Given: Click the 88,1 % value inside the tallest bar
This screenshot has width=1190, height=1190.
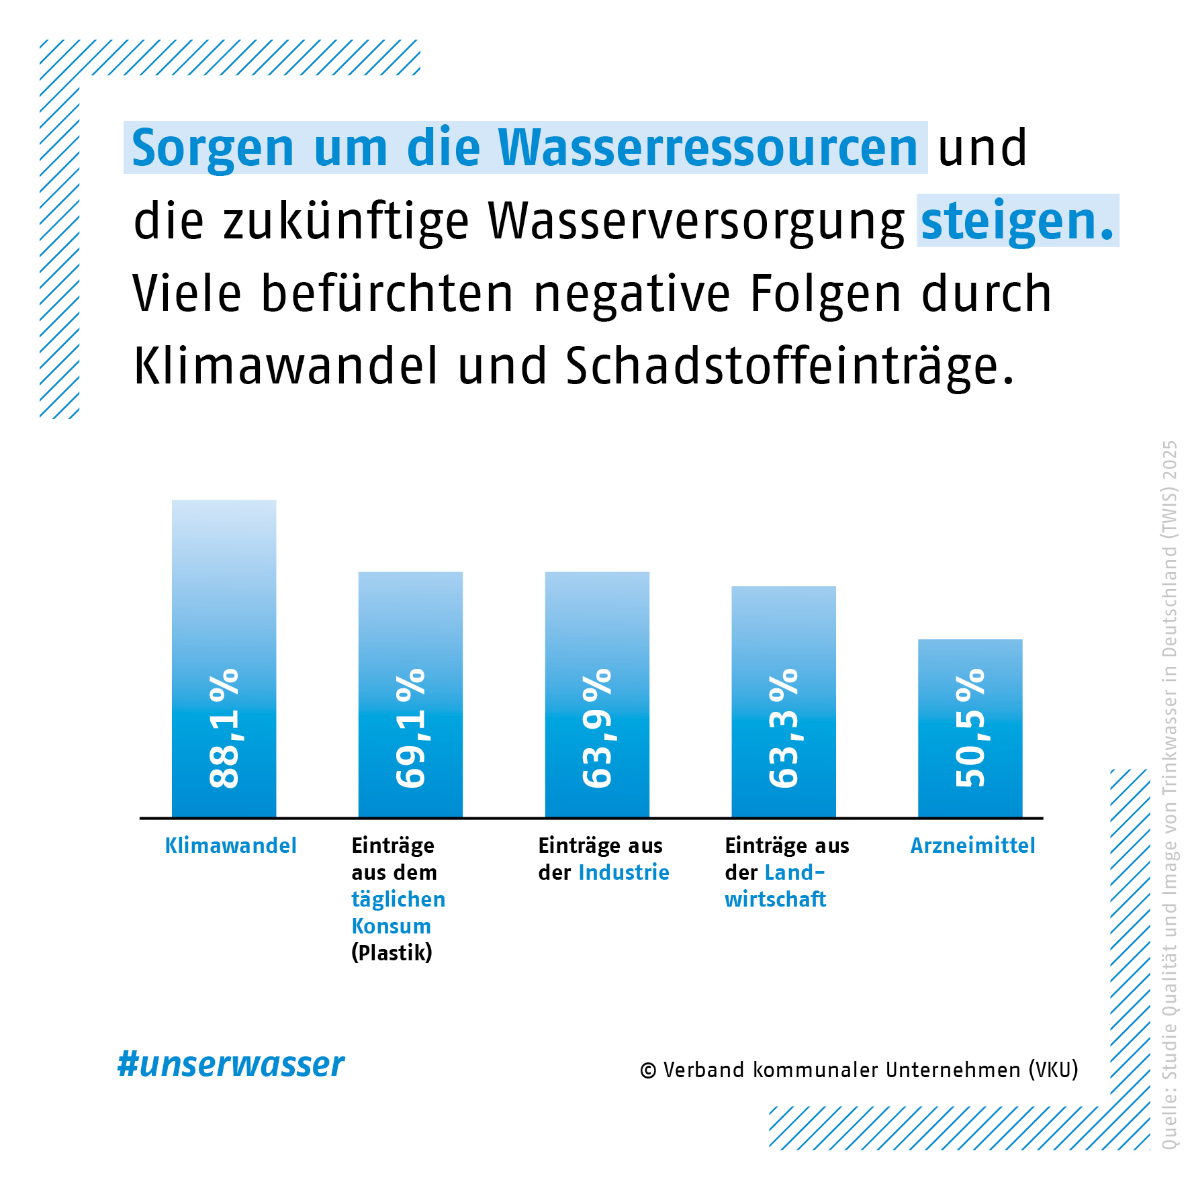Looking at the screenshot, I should [224, 728].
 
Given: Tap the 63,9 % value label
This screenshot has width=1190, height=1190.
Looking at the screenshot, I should [597, 728].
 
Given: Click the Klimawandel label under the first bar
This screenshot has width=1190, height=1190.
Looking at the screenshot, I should [230, 845].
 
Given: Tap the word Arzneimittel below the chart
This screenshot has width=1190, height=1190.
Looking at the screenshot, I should [972, 845].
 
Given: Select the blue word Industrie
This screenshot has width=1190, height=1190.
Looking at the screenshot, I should [624, 872].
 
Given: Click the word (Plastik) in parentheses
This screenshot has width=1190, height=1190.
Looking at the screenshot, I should [392, 952].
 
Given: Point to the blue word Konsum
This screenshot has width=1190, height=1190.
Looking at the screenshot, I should [392, 926].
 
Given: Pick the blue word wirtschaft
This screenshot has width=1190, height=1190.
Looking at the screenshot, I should [776, 899].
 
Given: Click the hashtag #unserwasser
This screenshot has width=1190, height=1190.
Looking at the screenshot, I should [231, 1064].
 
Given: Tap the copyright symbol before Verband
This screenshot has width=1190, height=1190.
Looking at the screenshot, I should [648, 1071].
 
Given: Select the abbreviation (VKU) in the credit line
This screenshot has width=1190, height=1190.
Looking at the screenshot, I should [1053, 1070].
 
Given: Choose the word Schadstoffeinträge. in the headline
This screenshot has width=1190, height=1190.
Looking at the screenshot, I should [789, 367].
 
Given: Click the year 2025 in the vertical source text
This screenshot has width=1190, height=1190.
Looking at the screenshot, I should [1170, 460].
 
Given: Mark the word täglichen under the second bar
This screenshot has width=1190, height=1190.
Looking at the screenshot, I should [398, 899].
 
